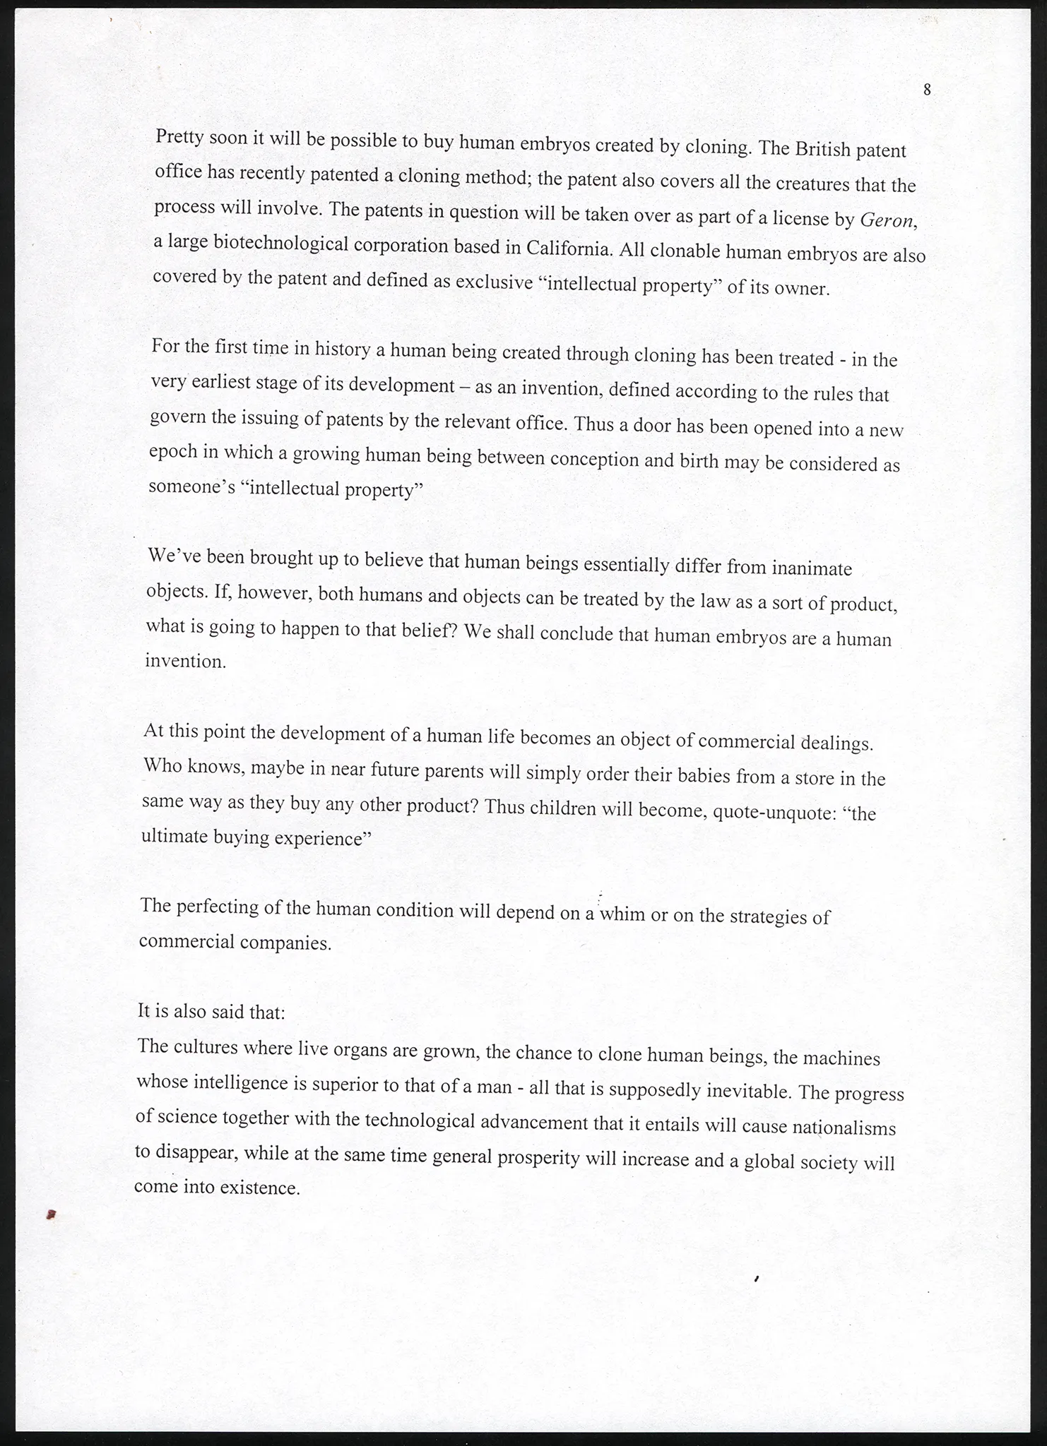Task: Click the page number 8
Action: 927,90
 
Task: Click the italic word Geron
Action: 889,220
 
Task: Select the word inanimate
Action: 812,568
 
